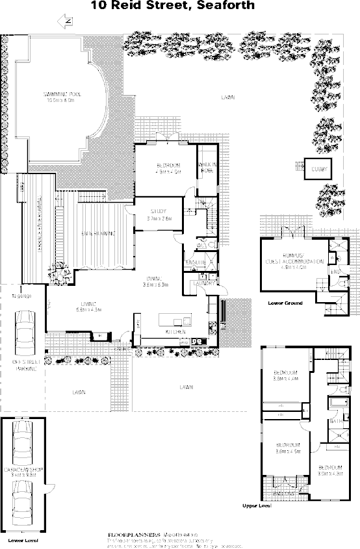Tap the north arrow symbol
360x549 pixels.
[66, 22]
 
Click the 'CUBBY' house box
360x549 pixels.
[318, 170]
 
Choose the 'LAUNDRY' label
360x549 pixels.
[203, 283]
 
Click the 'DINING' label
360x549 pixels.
[156, 280]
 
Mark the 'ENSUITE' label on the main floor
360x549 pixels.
[196, 262]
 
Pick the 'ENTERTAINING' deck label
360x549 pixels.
[98, 233]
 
